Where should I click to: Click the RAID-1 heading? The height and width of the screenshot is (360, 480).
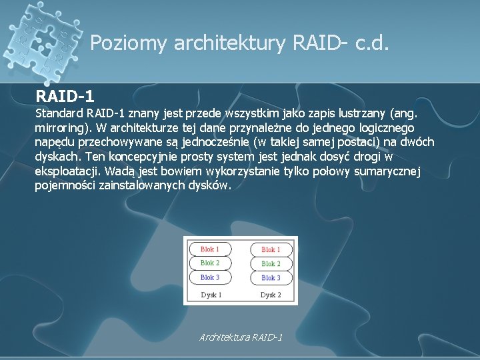[x=69, y=95]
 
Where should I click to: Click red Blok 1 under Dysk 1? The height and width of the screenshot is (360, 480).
[x=210, y=249]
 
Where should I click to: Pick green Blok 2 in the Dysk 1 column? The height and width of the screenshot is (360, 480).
[x=210, y=263]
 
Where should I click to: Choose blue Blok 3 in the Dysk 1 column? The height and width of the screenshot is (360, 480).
[x=210, y=277]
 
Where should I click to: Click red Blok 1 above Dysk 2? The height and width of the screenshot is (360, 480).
[x=271, y=249]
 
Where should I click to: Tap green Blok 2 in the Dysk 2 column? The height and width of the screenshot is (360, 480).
[x=271, y=263]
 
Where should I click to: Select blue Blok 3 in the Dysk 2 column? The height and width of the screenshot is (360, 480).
[x=271, y=277]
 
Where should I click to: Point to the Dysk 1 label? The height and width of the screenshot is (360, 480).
[x=211, y=294]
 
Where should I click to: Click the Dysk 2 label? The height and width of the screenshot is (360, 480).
[x=271, y=294]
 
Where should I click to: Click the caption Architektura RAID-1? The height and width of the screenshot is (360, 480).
[x=241, y=337]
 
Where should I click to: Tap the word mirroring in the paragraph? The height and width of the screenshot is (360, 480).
[x=59, y=127]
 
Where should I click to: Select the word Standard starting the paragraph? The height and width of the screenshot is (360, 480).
[x=59, y=113]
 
